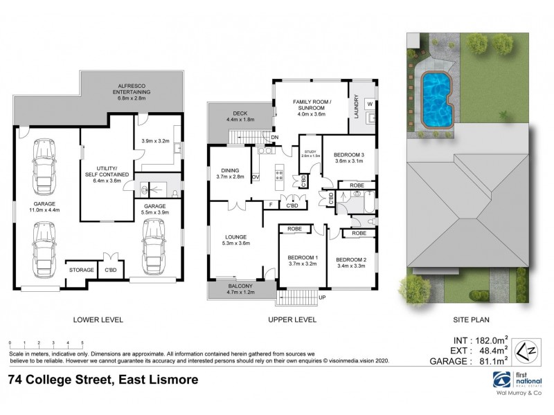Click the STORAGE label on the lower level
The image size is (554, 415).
[x=80, y=270]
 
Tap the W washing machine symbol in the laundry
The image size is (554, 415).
[x=369, y=104]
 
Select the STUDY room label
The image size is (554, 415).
[x=310, y=153]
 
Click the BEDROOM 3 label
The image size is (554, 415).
[x=350, y=157]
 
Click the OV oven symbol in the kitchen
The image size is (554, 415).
[x=256, y=177]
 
